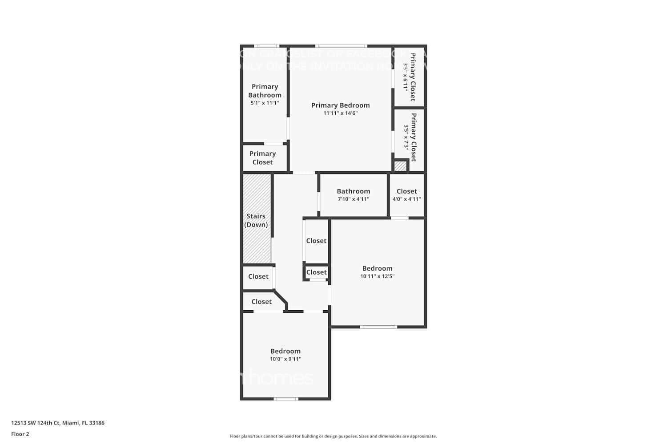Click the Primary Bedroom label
(x=340, y=105)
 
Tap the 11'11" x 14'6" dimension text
(x=340, y=113)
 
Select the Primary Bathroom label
(x=265, y=91)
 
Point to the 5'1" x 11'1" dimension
(x=265, y=103)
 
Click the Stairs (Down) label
(x=256, y=220)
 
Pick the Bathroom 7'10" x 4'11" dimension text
(x=353, y=199)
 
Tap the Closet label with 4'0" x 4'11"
(x=406, y=191)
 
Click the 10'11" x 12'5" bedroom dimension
(x=377, y=276)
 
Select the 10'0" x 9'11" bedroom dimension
(x=285, y=359)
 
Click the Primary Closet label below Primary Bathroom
(x=262, y=158)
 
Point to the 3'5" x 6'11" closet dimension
(x=406, y=77)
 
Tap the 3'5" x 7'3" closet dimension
(x=406, y=137)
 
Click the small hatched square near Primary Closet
(x=400, y=166)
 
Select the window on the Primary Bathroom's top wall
(x=266, y=46)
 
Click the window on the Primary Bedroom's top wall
(x=341, y=46)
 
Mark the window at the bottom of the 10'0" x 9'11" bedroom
(x=286, y=399)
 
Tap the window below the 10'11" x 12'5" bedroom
(x=378, y=327)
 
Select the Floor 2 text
(x=20, y=434)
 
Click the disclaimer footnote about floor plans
(x=333, y=436)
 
